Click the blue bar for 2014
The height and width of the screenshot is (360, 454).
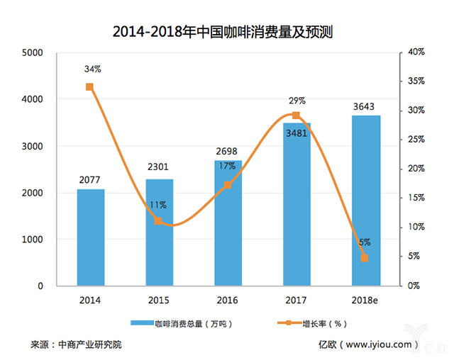pos(90,237)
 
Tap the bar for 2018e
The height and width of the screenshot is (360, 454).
pos(366,201)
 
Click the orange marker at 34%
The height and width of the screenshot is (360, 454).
pos(89,87)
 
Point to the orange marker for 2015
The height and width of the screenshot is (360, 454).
pos(158,221)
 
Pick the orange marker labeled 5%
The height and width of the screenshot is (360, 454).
pos(365,258)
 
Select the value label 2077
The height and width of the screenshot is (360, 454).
pos(90,181)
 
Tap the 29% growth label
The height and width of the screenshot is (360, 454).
pos(297,102)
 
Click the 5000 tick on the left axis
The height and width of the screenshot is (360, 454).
pos(33,53)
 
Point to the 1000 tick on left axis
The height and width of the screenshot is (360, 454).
pos(33,240)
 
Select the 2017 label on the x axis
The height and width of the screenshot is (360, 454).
pos(297,300)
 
